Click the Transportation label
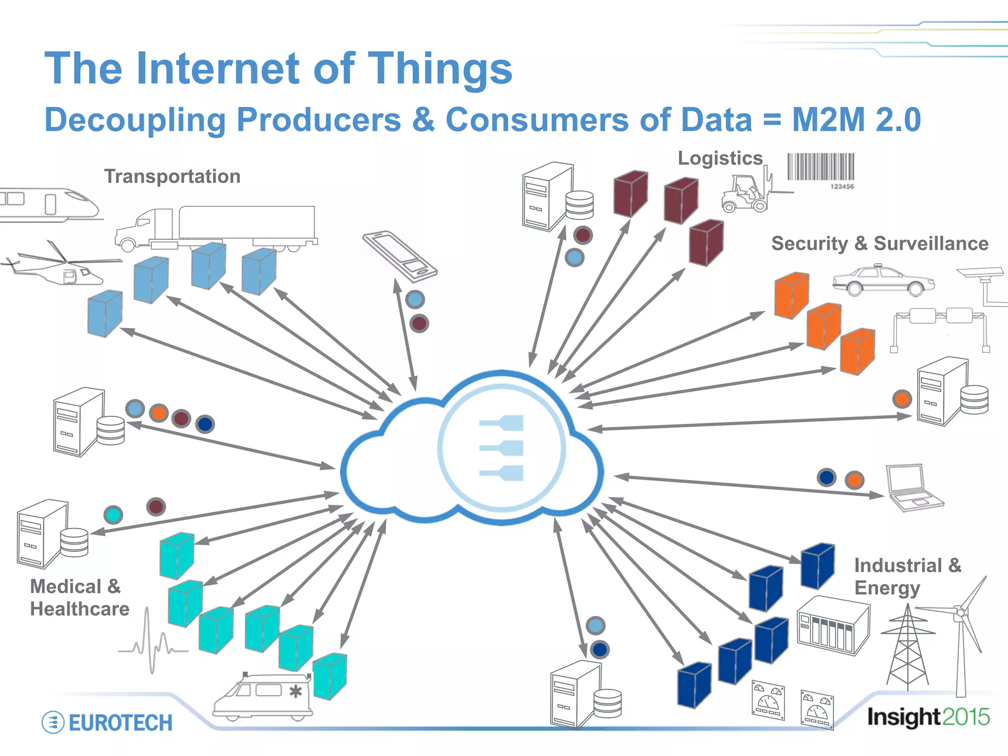[x=172, y=176]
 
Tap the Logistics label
[x=720, y=158]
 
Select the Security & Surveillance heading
[x=880, y=244]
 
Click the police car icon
[x=883, y=281]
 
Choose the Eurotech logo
[x=107, y=723]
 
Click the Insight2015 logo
[x=928, y=717]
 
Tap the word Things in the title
[x=440, y=69]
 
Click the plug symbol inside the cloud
[x=502, y=448]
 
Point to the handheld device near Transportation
[x=400, y=256]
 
